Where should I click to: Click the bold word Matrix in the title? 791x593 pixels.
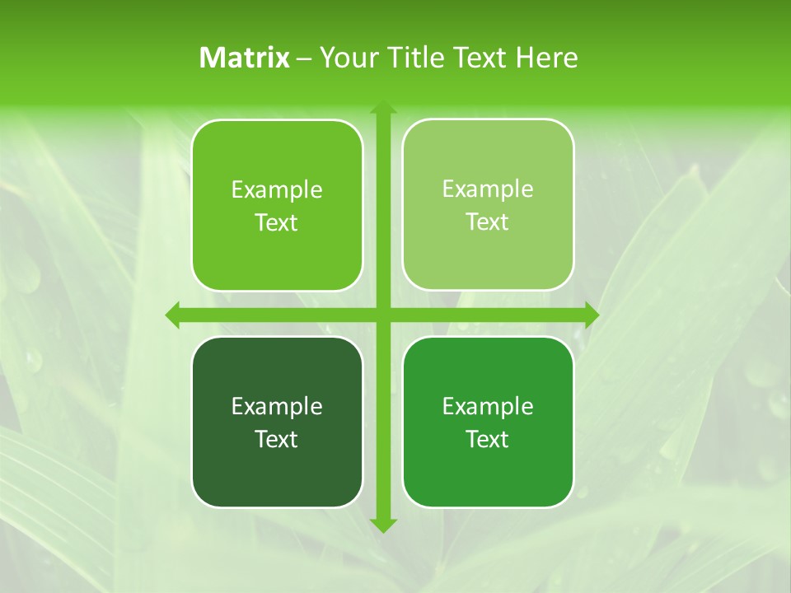point(245,58)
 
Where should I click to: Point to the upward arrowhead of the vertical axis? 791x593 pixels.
point(382,107)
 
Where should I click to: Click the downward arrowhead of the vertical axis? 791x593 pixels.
point(382,525)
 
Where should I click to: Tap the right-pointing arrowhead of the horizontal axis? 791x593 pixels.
point(592,315)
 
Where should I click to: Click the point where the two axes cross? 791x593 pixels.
point(382,315)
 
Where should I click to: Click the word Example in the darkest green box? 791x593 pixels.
point(277,406)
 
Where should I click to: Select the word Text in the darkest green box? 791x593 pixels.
point(277,439)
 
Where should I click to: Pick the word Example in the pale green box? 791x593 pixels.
point(488,189)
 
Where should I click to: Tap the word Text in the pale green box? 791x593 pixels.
point(488,222)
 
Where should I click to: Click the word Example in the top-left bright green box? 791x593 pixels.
point(277,189)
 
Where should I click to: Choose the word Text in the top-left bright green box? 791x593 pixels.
point(277,222)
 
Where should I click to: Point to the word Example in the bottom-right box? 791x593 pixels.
point(488,406)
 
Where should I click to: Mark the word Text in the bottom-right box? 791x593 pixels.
point(488,439)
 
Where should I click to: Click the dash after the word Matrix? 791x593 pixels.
point(304,58)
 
